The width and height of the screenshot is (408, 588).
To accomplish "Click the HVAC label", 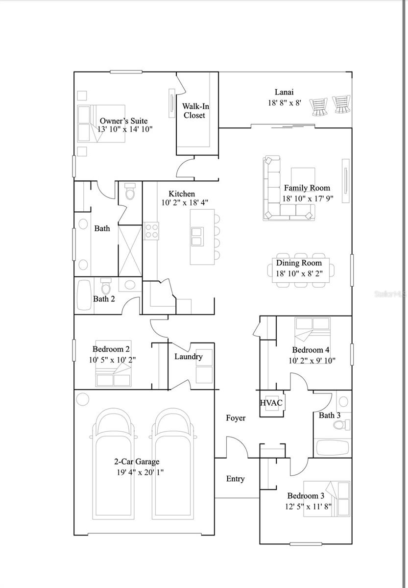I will (x=271, y=403).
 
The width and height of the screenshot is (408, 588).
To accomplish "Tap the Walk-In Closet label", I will (x=193, y=111).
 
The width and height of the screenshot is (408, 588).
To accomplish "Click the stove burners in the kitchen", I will (x=151, y=230).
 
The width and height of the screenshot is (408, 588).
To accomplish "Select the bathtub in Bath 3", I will (x=333, y=447).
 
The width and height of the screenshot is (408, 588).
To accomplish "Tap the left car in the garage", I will (x=114, y=465).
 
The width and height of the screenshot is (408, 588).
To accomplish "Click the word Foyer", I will (x=236, y=418).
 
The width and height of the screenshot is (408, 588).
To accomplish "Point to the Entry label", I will (x=235, y=479).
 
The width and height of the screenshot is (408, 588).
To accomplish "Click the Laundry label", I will (x=188, y=356).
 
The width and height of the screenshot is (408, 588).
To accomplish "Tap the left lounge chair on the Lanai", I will (x=319, y=106).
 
